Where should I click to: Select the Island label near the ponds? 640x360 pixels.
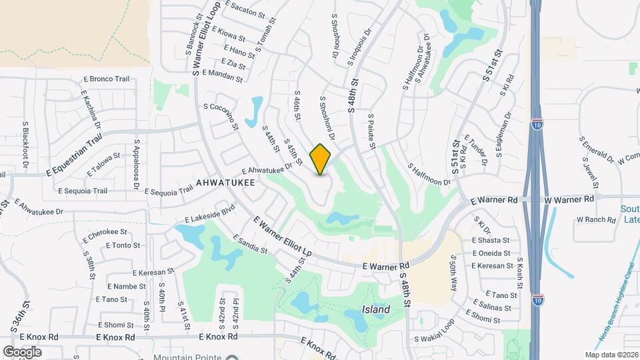(376, 310)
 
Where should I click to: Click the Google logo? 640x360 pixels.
(22, 351)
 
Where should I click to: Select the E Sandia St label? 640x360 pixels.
(250, 244)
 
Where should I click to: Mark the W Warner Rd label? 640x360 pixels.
(569, 199)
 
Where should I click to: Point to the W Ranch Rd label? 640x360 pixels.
(595, 219)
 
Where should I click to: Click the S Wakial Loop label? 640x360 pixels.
(433, 339)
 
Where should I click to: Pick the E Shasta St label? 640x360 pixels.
(491, 240)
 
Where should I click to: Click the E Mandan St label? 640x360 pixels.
(222, 76)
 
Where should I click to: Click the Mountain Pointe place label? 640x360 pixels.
(188, 357)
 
